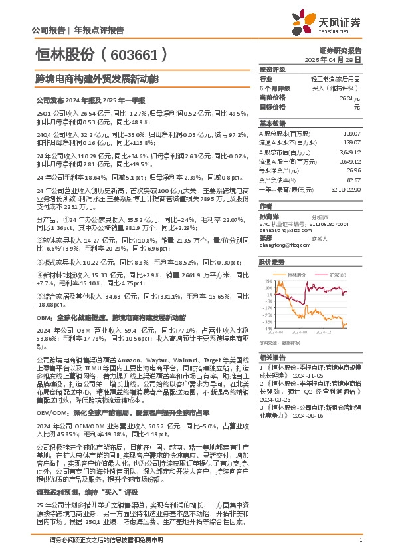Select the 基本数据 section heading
[x=271, y=124]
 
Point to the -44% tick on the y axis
[x=266, y=327]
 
